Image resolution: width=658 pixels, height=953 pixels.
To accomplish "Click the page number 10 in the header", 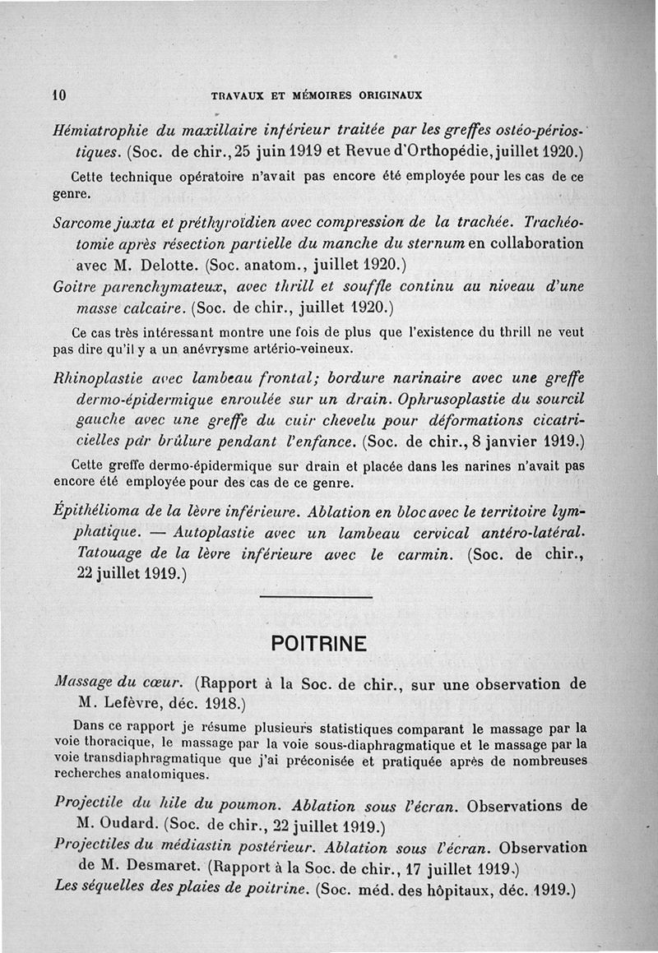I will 59,95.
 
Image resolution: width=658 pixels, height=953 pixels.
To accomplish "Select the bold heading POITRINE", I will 319,645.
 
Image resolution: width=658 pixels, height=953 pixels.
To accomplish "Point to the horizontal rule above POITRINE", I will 316,597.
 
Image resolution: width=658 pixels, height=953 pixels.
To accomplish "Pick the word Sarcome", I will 82,223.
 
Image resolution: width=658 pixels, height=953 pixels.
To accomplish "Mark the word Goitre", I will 74,287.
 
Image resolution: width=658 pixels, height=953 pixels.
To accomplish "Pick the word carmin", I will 422,554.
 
